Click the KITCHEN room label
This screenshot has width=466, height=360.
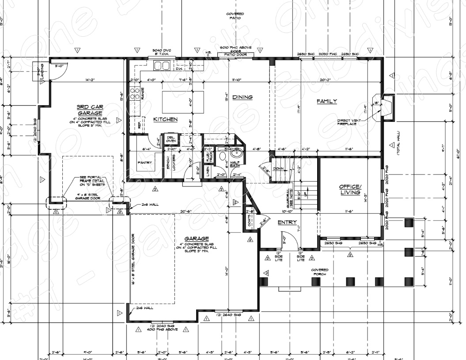click(x=165, y=119)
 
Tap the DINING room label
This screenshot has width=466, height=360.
click(x=242, y=97)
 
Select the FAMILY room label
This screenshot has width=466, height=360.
click(x=326, y=101)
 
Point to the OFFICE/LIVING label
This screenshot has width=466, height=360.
click(x=350, y=189)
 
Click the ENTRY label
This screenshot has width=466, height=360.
click(x=287, y=222)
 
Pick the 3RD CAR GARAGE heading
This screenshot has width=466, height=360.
click(x=90, y=110)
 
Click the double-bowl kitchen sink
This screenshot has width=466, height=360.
click(x=162, y=66)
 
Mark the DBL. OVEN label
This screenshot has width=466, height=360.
click(x=171, y=139)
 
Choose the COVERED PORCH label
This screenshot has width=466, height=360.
click(x=319, y=272)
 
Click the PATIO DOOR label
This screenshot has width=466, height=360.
click(x=236, y=55)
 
